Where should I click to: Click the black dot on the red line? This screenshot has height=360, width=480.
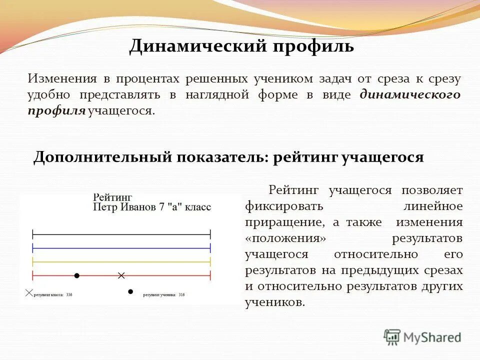pyautogui.click(x=76, y=275)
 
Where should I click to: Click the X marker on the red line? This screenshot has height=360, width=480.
pyautogui.click(x=120, y=275)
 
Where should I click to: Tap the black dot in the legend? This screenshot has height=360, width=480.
pyautogui.click(x=130, y=291)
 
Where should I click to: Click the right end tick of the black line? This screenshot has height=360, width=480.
pyautogui.click(x=210, y=233)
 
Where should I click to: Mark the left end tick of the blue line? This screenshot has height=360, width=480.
pyautogui.click(x=32, y=247)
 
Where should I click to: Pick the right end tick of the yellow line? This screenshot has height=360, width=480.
pyautogui.click(x=210, y=261)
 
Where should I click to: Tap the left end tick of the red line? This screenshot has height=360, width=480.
pyautogui.click(x=32, y=275)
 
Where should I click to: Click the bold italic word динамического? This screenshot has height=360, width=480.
pyautogui.click(x=409, y=94)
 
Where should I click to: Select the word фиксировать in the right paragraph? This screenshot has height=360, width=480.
pyautogui.click(x=283, y=206)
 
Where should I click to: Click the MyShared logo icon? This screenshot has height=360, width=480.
pyautogui.click(x=392, y=336)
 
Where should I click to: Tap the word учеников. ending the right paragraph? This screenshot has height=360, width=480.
pyautogui.click(x=274, y=302)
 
